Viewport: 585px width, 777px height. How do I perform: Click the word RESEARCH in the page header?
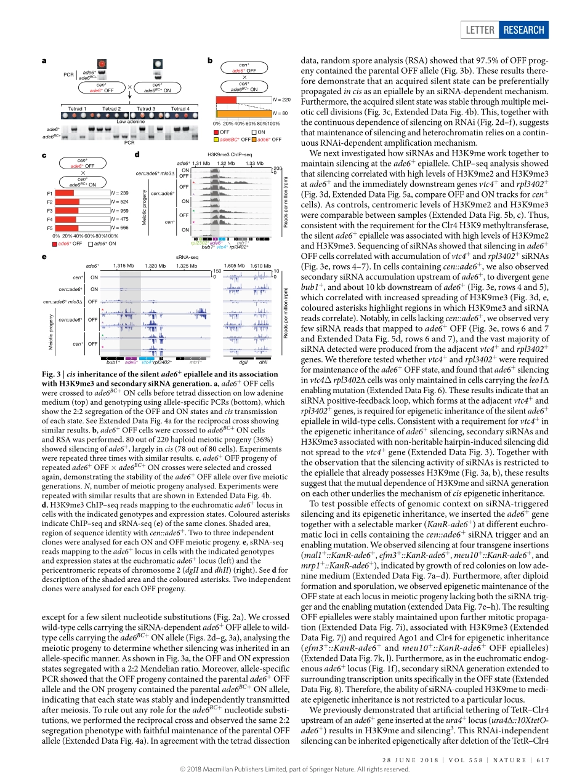pos(523,30)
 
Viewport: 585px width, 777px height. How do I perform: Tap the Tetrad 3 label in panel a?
pos(146,109)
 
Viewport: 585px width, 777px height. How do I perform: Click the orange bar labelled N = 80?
pos(243,113)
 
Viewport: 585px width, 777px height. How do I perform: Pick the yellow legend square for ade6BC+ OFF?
pos(216,140)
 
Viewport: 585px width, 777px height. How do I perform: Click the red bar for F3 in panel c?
pos(65,210)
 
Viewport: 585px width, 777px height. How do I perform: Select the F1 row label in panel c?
pos(49,193)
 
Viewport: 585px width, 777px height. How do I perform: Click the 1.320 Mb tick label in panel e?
pos(155,266)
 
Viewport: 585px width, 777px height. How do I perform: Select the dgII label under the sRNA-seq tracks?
pos(243,362)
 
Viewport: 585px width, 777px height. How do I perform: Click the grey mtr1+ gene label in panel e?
pos(195,362)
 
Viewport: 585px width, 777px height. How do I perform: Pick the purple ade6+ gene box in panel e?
pos(131,357)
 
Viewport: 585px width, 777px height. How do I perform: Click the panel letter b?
pos(211,60)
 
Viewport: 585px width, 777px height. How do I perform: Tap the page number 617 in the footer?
pos(542,755)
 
